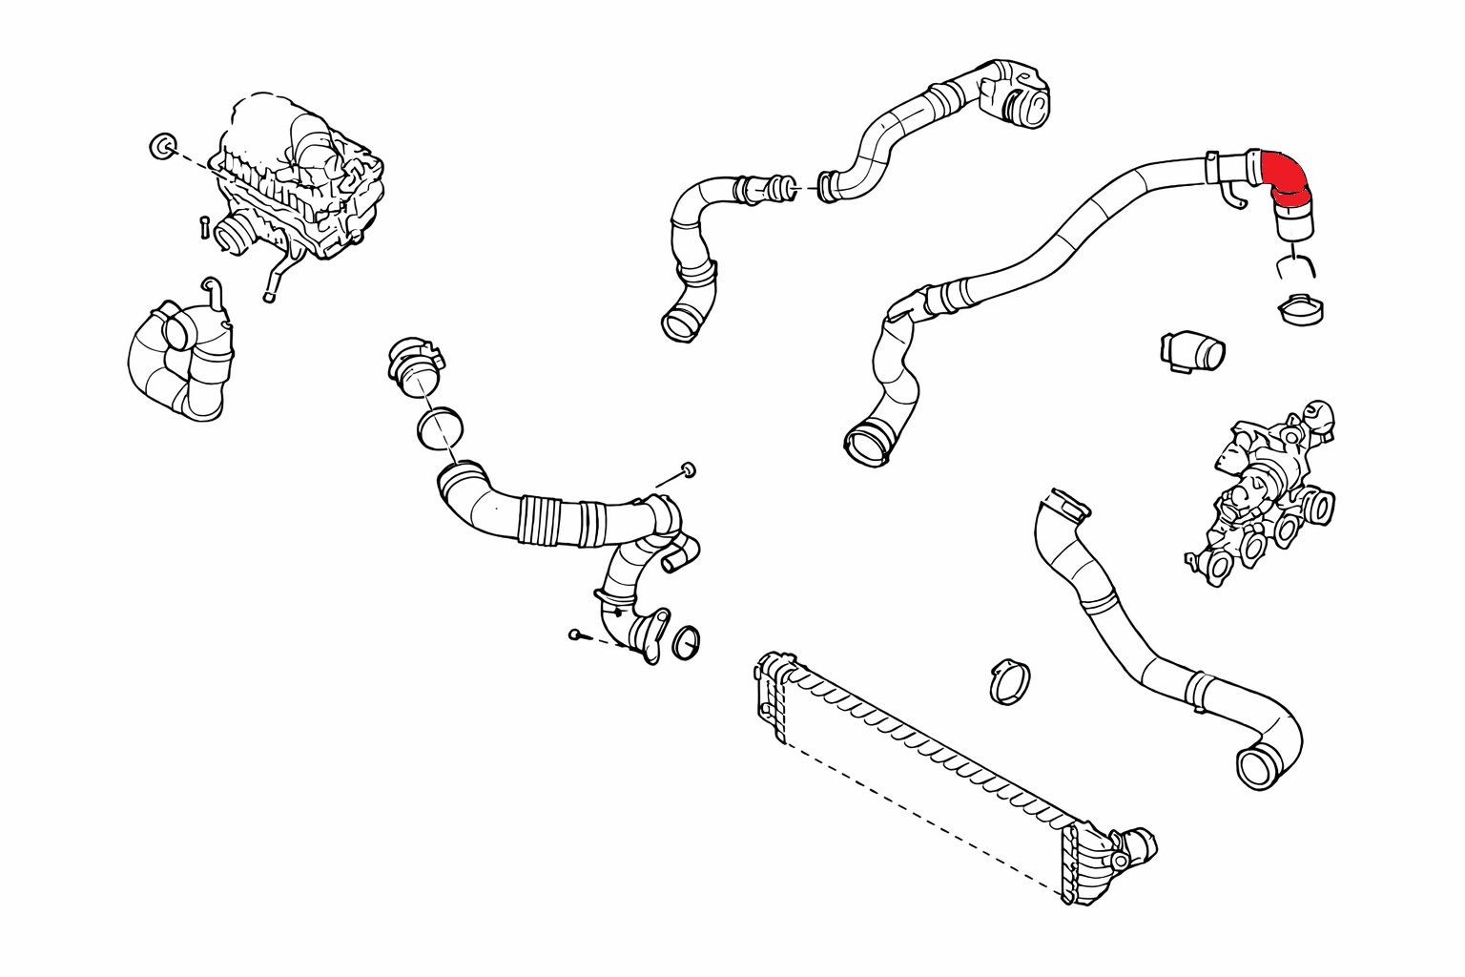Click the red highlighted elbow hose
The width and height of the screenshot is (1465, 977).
click(1284, 181)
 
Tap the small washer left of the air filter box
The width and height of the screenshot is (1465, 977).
click(161, 146)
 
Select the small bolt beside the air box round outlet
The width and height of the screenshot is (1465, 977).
click(203, 227)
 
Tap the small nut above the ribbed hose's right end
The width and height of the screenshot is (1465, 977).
click(687, 468)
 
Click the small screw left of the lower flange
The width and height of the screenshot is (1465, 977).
click(575, 634)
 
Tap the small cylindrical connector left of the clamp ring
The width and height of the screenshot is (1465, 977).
click(1192, 351)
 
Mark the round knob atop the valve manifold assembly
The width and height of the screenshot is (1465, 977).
click(1319, 412)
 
